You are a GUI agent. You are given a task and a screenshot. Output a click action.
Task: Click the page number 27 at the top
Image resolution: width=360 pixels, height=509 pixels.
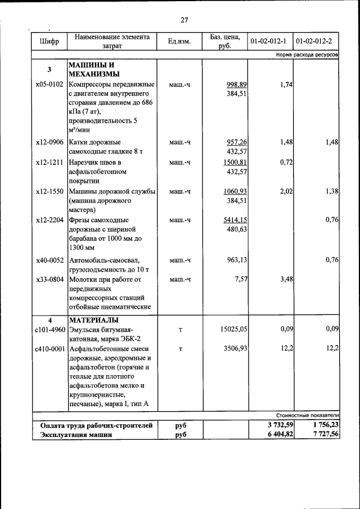[x=184, y=20]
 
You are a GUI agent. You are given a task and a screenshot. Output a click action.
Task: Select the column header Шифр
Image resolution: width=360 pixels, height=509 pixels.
[x=49, y=42]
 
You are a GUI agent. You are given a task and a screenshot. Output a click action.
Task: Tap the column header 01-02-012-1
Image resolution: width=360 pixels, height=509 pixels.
[x=269, y=42]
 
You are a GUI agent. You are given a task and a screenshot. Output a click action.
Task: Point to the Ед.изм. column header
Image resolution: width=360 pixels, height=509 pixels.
[x=179, y=42]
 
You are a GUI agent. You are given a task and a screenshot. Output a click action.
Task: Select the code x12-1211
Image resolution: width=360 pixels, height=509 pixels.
[x=50, y=162]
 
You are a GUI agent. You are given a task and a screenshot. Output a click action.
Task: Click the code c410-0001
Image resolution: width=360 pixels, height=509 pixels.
[x=50, y=349]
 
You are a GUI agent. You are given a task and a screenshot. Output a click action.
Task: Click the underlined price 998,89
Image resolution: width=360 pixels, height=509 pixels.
[x=237, y=84]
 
